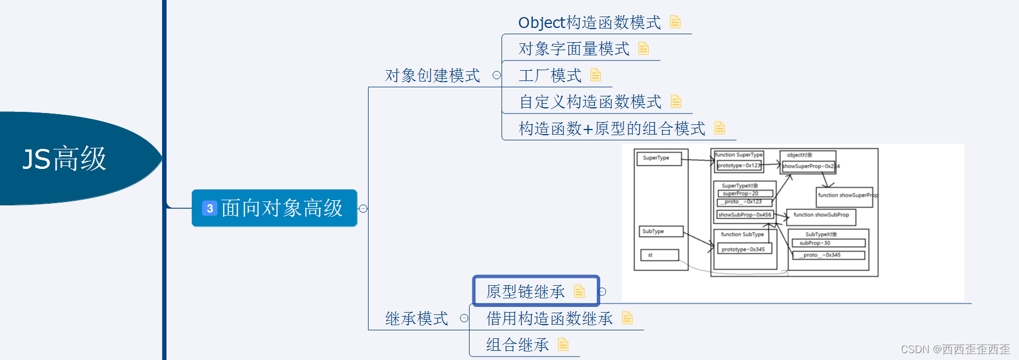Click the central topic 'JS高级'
[x=64, y=159]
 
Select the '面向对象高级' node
[x=281, y=208]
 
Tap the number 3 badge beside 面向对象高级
[x=209, y=208]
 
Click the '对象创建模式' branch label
[x=432, y=75]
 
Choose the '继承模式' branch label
[x=417, y=318]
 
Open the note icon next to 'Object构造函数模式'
[x=675, y=22]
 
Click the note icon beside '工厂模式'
[x=596, y=75]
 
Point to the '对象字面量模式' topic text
[x=573, y=49]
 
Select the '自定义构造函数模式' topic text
[x=590, y=102]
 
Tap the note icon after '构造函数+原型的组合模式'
[x=720, y=128]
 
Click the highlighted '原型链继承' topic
[x=525, y=292]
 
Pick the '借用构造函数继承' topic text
[x=549, y=318]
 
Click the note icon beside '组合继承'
[x=563, y=345]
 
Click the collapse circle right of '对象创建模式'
[x=496, y=75]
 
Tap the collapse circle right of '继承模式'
[x=464, y=318]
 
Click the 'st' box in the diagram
[x=660, y=255]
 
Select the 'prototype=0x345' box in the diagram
[x=744, y=249]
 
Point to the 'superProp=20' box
[x=745, y=193]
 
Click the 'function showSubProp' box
[x=821, y=215]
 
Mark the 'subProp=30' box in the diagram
[x=828, y=243]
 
